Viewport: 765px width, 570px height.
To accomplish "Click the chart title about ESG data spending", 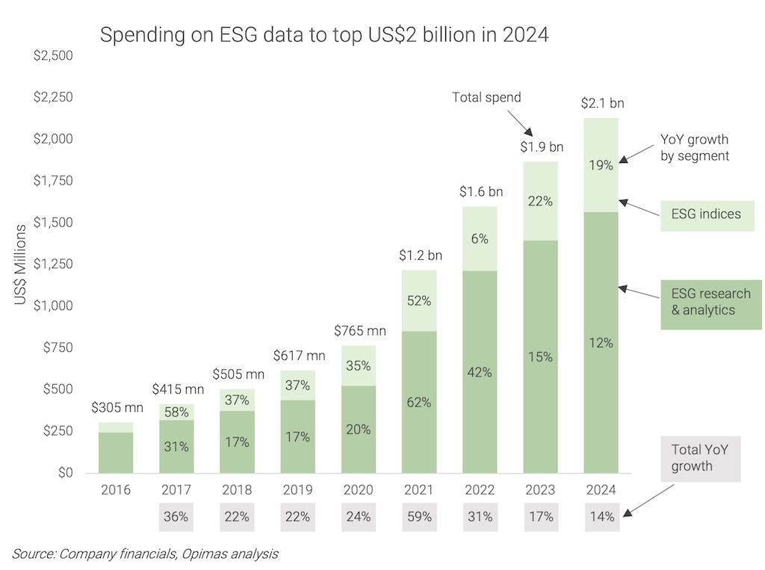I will pyautogui.click(x=324, y=34).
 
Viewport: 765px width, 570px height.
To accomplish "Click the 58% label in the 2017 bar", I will pyautogui.click(x=177, y=412).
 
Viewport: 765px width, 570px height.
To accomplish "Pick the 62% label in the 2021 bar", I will pyautogui.click(x=419, y=403).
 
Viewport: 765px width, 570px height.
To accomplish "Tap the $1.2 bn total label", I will pyautogui.click(x=419, y=255).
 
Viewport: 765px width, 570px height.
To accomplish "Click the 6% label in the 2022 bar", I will pyautogui.click(x=480, y=239).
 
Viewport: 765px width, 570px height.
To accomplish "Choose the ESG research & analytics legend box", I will pyautogui.click(x=710, y=303).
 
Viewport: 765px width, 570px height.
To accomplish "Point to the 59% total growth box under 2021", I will pyautogui.click(x=419, y=516).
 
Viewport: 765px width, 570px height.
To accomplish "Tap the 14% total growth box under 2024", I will pyautogui.click(x=601, y=516).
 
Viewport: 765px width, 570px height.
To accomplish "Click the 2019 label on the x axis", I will pyautogui.click(x=298, y=491).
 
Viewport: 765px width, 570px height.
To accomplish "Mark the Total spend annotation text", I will pyautogui.click(x=486, y=96).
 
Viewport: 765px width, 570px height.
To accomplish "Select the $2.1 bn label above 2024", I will pyautogui.click(x=601, y=103).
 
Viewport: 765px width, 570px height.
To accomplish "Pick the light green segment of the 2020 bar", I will pyautogui.click(x=359, y=366).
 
